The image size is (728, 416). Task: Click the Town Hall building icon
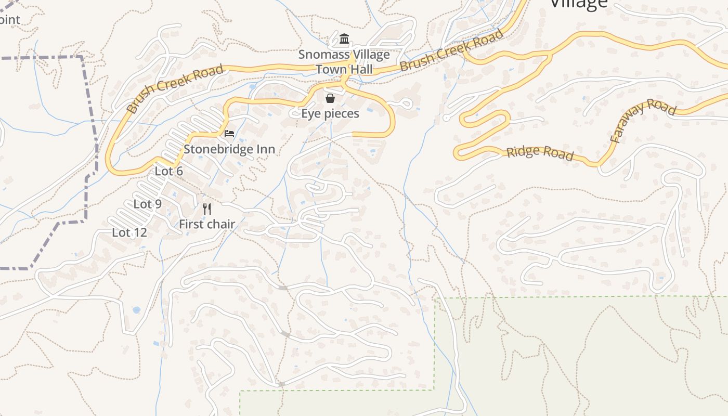point(344,39)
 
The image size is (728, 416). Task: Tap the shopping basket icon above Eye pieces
point(330,98)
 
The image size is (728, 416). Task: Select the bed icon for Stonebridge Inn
point(229,134)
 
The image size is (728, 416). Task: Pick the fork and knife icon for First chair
point(207,209)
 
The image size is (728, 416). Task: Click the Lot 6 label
point(169,171)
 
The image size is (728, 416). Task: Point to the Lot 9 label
point(148,204)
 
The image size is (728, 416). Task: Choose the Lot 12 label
point(129,232)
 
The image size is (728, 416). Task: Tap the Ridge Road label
point(540,153)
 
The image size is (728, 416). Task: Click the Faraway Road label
point(643,121)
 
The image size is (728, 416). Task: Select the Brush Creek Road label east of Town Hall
point(452,51)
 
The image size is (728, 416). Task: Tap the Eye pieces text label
point(330,113)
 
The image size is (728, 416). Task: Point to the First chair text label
point(207,224)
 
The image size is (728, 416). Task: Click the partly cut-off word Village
point(578,4)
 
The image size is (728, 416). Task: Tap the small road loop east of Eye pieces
point(406,104)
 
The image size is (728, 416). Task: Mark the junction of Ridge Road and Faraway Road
point(599,164)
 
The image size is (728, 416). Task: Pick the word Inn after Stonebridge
point(264,149)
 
